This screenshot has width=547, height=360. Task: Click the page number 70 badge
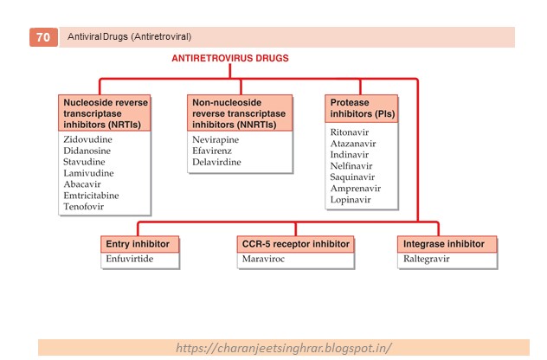tap(43, 37)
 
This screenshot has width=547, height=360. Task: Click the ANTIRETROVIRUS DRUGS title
tap(228, 58)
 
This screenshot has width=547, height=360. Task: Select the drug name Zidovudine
tap(87, 139)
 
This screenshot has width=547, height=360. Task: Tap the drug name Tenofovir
tap(84, 207)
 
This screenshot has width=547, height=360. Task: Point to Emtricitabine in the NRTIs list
tap(92, 196)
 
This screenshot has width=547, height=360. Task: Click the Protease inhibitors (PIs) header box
tap(362, 108)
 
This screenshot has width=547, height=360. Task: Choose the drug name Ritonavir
tap(349, 132)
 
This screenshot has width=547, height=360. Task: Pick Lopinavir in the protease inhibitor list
tap(350, 200)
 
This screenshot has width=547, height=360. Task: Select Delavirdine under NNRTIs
tap(217, 162)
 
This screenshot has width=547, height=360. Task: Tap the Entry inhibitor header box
tap(140, 244)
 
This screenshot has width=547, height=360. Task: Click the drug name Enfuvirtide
tap(129, 258)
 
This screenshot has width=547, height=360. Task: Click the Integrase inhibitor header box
tap(448, 244)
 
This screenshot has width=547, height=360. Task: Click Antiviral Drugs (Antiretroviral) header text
tap(130, 37)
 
